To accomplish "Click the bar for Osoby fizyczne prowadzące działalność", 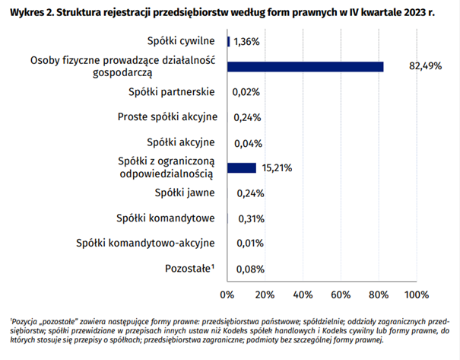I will (305, 67).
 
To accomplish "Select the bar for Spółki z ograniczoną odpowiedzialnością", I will (242, 167).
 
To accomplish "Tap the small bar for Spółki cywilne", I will (228, 42).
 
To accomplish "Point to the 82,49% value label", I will (426, 67).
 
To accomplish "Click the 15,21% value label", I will (278, 167).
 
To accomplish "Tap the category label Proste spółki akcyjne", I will (167, 117).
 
